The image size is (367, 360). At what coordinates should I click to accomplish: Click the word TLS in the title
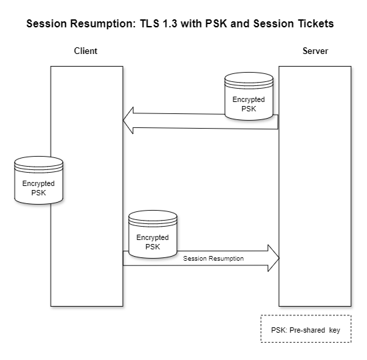pos(151,23)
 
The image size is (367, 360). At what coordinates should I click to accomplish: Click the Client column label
pos(85,51)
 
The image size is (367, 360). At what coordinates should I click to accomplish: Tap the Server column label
pos(314,51)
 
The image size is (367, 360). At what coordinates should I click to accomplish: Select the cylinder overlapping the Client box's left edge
pos(39,180)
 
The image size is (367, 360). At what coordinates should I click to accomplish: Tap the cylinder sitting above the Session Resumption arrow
pos(152,235)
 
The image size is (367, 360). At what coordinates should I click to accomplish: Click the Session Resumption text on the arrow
pos(214,258)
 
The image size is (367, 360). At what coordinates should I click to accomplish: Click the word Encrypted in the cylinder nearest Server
pos(248,100)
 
